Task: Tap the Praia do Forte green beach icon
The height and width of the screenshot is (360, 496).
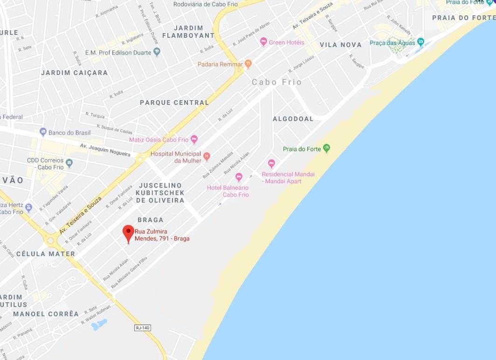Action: click(326, 149)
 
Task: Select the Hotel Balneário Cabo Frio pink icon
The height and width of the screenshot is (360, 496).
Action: click(239, 177)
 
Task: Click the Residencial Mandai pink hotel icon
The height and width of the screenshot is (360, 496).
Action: click(271, 163)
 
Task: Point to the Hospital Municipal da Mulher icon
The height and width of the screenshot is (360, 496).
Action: click(207, 156)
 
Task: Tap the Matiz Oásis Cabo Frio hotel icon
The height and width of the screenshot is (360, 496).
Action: click(194, 139)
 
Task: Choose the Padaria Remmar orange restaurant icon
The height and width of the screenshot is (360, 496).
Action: click(248, 64)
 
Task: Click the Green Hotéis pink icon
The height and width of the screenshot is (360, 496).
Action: click(263, 42)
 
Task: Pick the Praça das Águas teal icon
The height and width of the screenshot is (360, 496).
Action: click(420, 42)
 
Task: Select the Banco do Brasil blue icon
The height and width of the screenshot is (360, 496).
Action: click(43, 132)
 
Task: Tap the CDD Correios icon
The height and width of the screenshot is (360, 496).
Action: click(69, 163)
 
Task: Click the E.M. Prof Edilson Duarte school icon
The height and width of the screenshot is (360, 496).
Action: click(157, 52)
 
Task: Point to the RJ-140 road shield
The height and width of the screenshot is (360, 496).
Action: click(143, 328)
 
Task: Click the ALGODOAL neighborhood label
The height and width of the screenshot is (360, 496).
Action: click(293, 119)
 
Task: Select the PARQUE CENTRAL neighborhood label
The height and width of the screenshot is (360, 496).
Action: click(174, 102)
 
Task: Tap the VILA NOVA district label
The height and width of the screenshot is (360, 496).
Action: click(340, 45)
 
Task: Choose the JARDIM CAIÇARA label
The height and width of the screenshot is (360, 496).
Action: click(74, 73)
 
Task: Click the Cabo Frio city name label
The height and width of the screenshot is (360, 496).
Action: click(277, 82)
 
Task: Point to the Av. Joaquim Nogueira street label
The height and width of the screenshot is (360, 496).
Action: click(105, 149)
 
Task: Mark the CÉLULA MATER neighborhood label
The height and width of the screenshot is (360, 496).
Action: click(46, 254)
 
